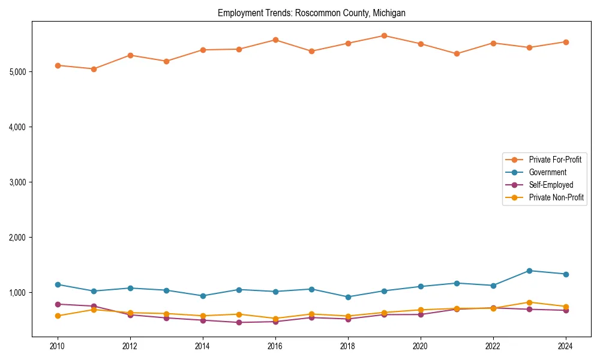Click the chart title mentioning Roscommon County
(x=311, y=13)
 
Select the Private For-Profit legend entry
(x=555, y=160)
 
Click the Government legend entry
(x=547, y=172)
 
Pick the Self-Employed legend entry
(x=551, y=185)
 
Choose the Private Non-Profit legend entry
(x=556, y=197)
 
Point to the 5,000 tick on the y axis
(x=18, y=72)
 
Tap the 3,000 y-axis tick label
(x=18, y=182)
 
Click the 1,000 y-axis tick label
(x=18, y=293)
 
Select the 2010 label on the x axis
(x=58, y=346)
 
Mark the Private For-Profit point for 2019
(x=384, y=35)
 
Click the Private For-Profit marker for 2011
(x=94, y=69)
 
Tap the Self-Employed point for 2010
(x=58, y=304)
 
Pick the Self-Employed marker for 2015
(x=239, y=322)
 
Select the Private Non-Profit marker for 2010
(x=58, y=316)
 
